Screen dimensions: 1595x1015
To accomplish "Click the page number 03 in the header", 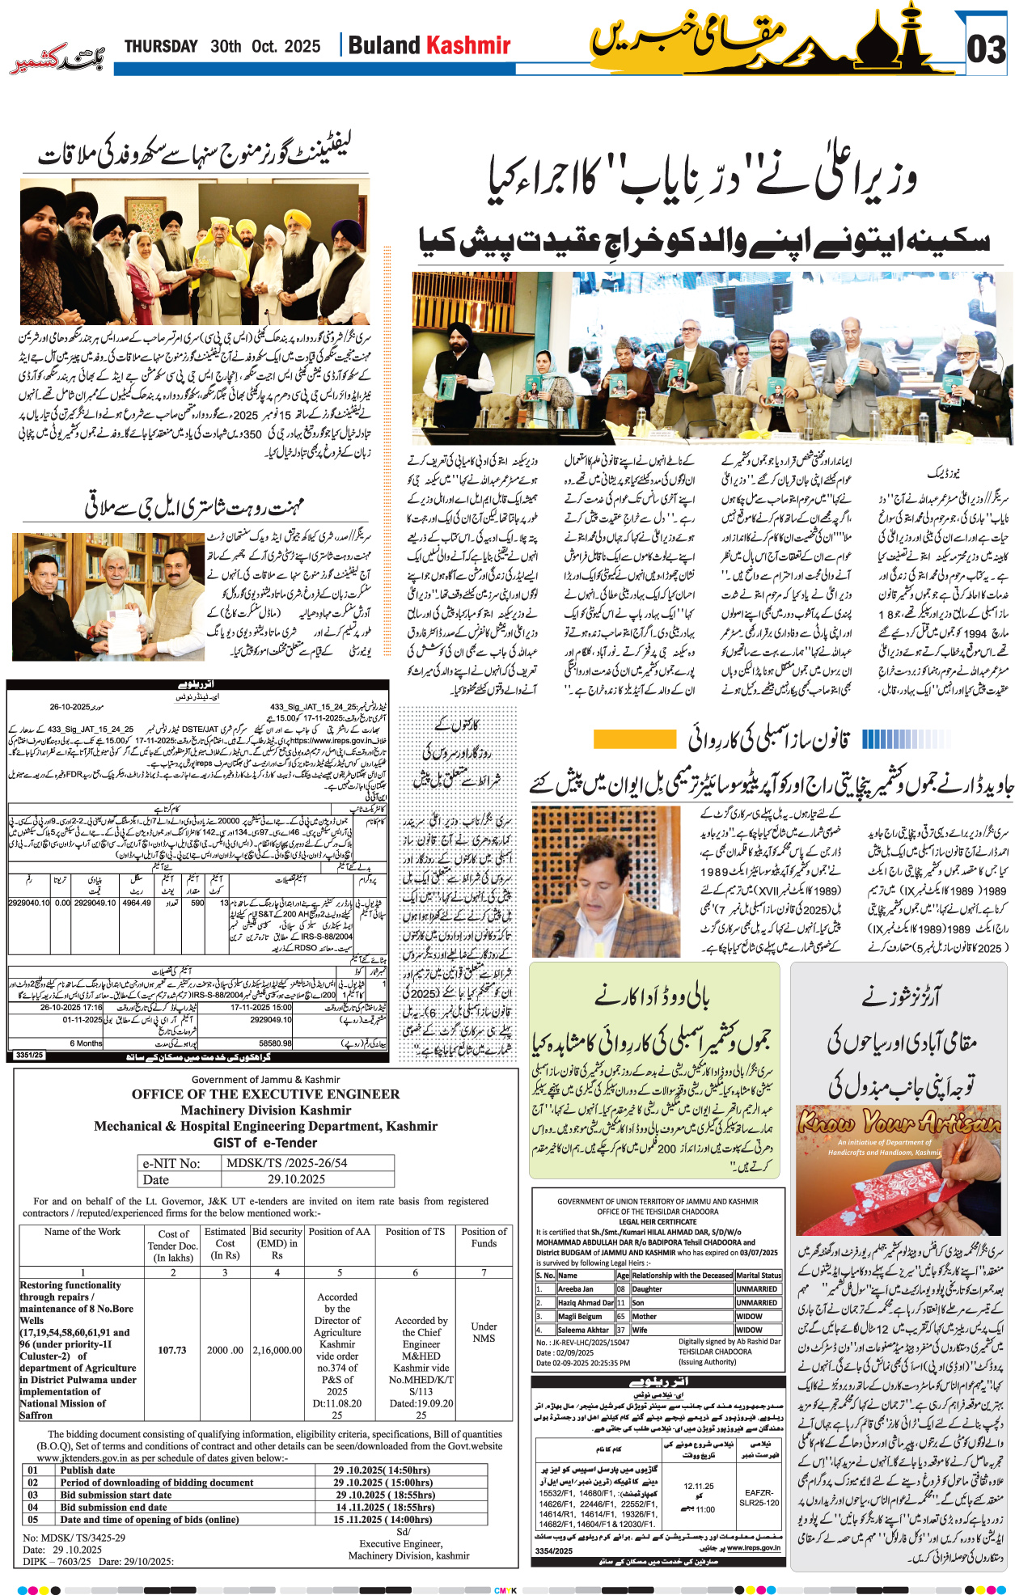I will (x=987, y=50).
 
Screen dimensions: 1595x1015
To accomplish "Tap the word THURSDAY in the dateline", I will (x=161, y=46).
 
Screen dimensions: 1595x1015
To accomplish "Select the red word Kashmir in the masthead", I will (x=469, y=45).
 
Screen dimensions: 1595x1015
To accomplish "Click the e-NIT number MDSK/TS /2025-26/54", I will (x=287, y=1163).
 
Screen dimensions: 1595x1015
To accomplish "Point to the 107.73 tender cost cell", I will (x=172, y=1350).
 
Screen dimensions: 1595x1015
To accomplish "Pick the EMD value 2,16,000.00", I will (x=277, y=1350).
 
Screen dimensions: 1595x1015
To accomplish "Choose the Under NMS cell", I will (x=484, y=1332).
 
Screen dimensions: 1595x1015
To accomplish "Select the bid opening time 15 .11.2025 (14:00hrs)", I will (x=383, y=1519).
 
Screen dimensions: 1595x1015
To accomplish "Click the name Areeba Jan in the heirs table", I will (x=576, y=1289).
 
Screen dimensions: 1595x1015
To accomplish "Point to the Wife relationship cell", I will (x=641, y=1330).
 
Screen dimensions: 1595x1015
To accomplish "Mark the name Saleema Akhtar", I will (x=583, y=1330).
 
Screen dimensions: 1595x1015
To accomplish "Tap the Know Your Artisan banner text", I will (x=898, y=1123).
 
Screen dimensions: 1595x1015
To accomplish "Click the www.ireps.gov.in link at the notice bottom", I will (x=753, y=1547).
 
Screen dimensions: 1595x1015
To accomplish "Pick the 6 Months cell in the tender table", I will (x=86, y=1043).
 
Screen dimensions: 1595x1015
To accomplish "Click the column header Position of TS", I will (x=415, y=1232).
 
